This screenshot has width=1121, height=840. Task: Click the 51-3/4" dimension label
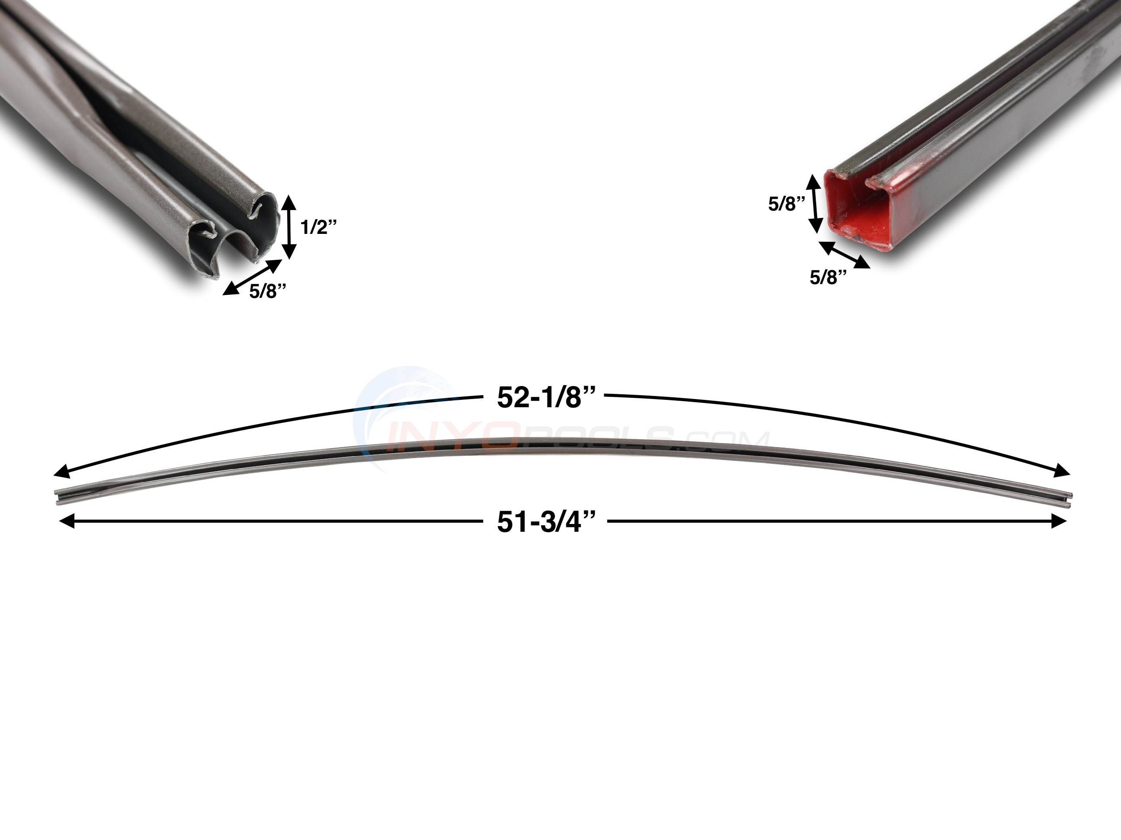point(545,522)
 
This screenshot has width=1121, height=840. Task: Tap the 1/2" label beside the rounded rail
point(318,227)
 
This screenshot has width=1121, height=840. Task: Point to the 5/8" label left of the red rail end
point(786,204)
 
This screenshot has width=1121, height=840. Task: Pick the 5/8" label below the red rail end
point(828,277)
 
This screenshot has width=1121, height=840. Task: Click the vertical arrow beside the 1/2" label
point(288,227)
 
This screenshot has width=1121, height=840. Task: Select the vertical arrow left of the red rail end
point(814,204)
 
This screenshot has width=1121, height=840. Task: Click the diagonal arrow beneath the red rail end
point(844,254)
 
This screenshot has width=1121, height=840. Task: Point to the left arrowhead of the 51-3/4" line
point(66,521)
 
